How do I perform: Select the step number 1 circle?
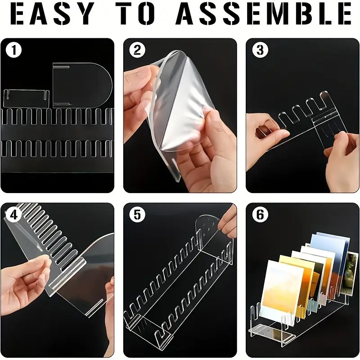click(14, 50)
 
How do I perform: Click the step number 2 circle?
click(137, 50)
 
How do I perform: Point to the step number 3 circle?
click(260, 50)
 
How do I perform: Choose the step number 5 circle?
click(137, 215)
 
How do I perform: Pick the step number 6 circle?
click(260, 215)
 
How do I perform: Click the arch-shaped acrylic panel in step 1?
click(82, 85)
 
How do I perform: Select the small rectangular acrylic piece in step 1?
click(27, 99)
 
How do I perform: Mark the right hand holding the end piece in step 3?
click(342, 161)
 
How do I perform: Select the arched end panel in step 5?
click(215, 239)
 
